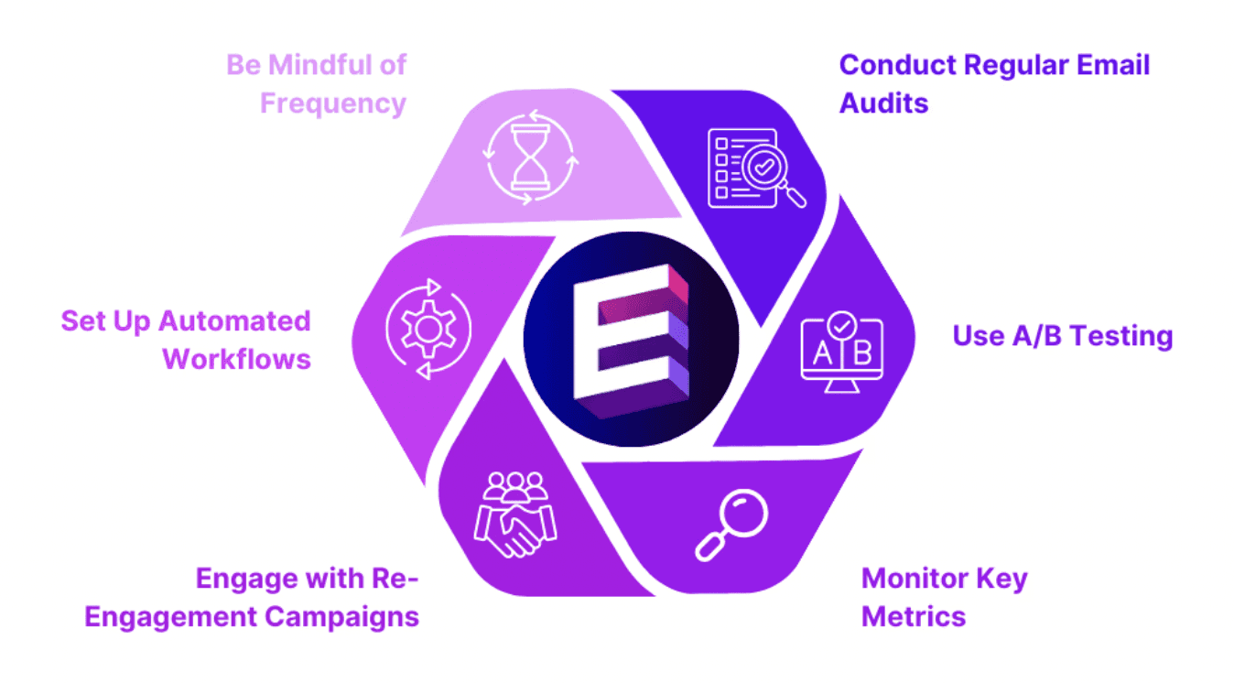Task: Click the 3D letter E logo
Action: click(x=631, y=339)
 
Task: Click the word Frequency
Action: click(x=333, y=103)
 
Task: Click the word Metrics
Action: click(x=914, y=616)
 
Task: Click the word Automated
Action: click(x=235, y=321)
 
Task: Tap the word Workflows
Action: click(x=237, y=359)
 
